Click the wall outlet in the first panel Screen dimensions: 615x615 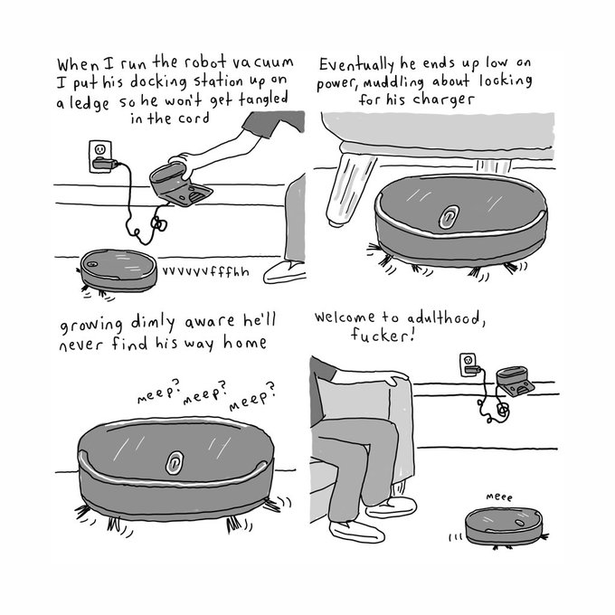pos(100,156)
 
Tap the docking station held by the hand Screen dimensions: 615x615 pos(180,184)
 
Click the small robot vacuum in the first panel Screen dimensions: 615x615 pos(118,271)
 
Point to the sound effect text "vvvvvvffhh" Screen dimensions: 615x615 pos(205,271)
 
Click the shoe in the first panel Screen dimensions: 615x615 pos(285,272)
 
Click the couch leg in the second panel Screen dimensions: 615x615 pos(349,190)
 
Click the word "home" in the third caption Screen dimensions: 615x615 pos(245,343)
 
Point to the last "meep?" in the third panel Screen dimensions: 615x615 pos(252,396)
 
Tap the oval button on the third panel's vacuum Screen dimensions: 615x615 pos(175,462)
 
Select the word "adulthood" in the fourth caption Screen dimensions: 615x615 pos(443,317)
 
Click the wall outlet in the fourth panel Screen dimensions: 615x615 pos(468,364)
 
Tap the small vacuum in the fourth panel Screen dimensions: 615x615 pos(504,526)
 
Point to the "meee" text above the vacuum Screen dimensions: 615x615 pos(499,497)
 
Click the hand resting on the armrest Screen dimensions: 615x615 pos(395,377)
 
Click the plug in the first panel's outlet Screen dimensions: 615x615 pos(105,163)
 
